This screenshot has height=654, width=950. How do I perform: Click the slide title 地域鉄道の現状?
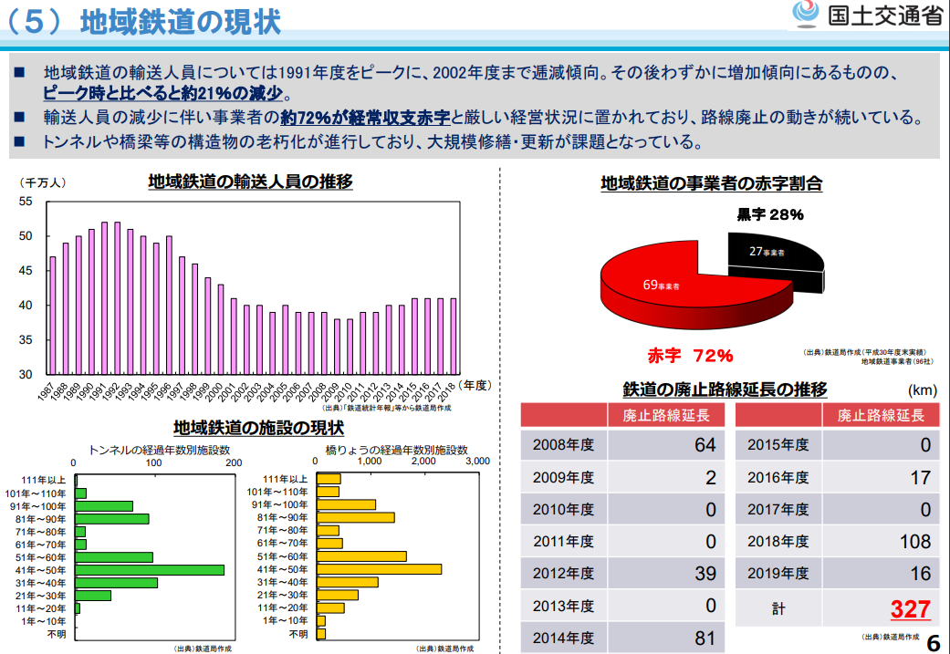point(180,21)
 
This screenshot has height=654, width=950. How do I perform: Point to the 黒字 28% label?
point(770,215)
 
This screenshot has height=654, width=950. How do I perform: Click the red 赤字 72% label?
point(691,355)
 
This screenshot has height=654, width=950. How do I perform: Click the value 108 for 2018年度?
point(914,542)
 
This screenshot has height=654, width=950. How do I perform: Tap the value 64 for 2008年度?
point(705,446)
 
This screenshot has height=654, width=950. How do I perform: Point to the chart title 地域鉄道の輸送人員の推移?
point(251,182)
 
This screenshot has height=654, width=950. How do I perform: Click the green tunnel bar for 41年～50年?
point(151,569)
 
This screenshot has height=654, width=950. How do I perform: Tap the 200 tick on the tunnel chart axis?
point(234,462)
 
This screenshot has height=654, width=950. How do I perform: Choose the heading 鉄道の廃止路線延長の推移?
point(725,389)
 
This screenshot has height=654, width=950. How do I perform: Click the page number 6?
point(933,642)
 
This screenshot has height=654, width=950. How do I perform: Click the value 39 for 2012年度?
point(705,574)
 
